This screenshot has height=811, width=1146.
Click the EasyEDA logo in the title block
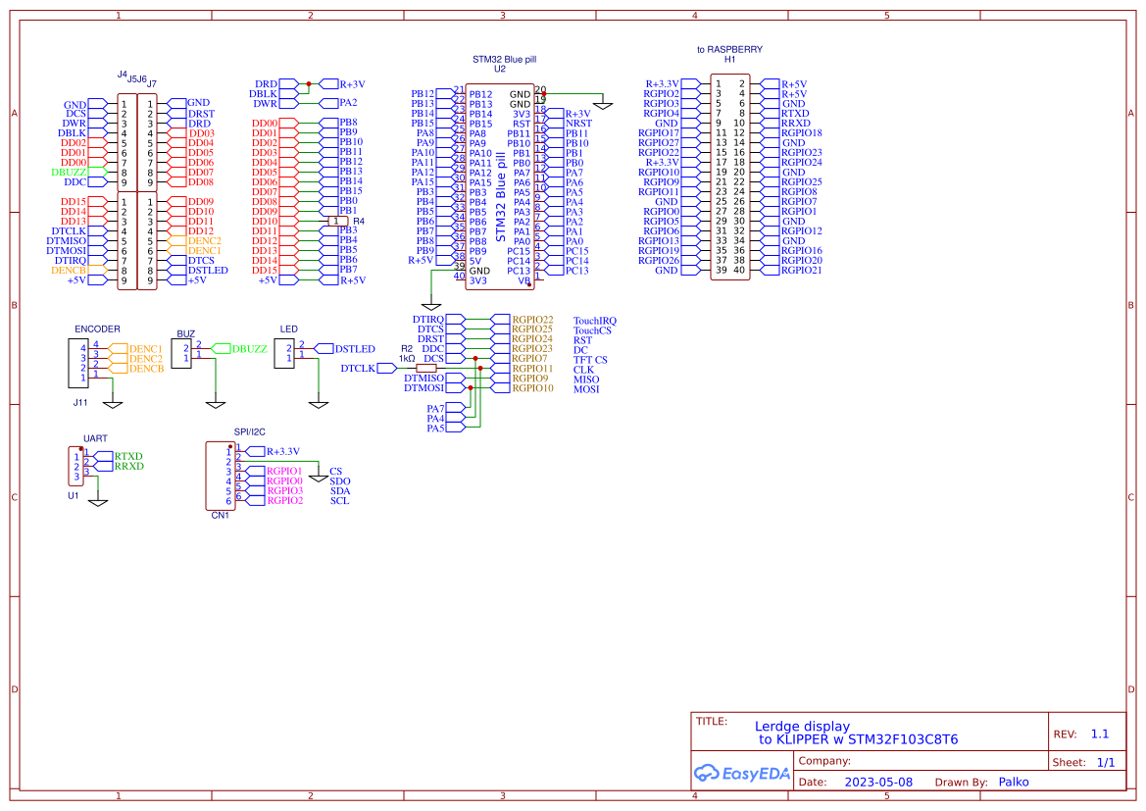click(x=741, y=773)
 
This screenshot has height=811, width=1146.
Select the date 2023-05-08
click(x=877, y=783)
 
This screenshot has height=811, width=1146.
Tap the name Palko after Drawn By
click(x=1013, y=782)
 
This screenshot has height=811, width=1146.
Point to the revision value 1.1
click(x=1099, y=734)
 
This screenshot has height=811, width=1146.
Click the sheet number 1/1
click(x=1105, y=762)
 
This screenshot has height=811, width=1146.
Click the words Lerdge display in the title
click(x=802, y=727)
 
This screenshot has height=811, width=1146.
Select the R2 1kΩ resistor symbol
click(x=426, y=369)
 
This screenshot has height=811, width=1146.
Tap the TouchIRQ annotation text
click(x=594, y=321)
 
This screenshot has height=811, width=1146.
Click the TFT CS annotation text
click(x=590, y=360)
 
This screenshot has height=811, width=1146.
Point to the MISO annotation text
click(x=586, y=380)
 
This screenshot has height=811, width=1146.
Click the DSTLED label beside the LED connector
click(x=354, y=349)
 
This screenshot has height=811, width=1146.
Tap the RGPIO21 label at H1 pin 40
click(x=801, y=271)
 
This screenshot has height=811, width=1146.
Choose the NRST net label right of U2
click(x=578, y=124)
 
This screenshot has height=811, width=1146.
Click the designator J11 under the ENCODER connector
click(x=80, y=402)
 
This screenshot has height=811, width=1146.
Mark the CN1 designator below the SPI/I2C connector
click(x=220, y=516)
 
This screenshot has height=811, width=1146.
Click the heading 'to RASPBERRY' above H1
click(x=729, y=49)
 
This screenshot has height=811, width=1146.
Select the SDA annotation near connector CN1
click(x=340, y=491)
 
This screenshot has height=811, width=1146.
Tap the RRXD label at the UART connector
click(x=128, y=466)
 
